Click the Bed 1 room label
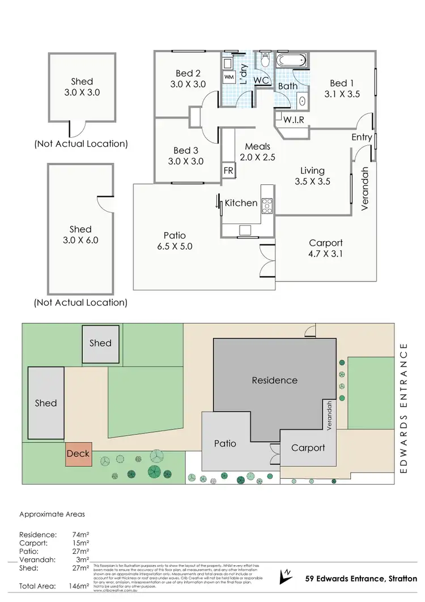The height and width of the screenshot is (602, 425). (x=342, y=89)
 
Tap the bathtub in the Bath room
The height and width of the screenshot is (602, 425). (x=291, y=60)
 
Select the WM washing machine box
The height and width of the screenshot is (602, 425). (x=229, y=77)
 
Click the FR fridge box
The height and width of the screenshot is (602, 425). (x=229, y=170)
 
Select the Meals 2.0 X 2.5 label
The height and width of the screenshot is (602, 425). (x=257, y=152)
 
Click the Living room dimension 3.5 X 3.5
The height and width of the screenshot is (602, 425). (x=312, y=182)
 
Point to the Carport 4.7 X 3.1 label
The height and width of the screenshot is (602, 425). (x=326, y=248)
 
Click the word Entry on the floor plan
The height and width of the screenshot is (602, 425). (x=362, y=137)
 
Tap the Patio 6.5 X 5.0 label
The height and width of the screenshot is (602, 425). (x=175, y=241)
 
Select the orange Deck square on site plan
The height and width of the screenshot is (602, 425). (x=78, y=454)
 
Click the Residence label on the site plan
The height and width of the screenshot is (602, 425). (x=274, y=380)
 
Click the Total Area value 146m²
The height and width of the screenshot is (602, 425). (x=78, y=586)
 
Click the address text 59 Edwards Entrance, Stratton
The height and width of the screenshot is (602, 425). (x=361, y=579)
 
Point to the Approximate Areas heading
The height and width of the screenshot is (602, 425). (x=52, y=514)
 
